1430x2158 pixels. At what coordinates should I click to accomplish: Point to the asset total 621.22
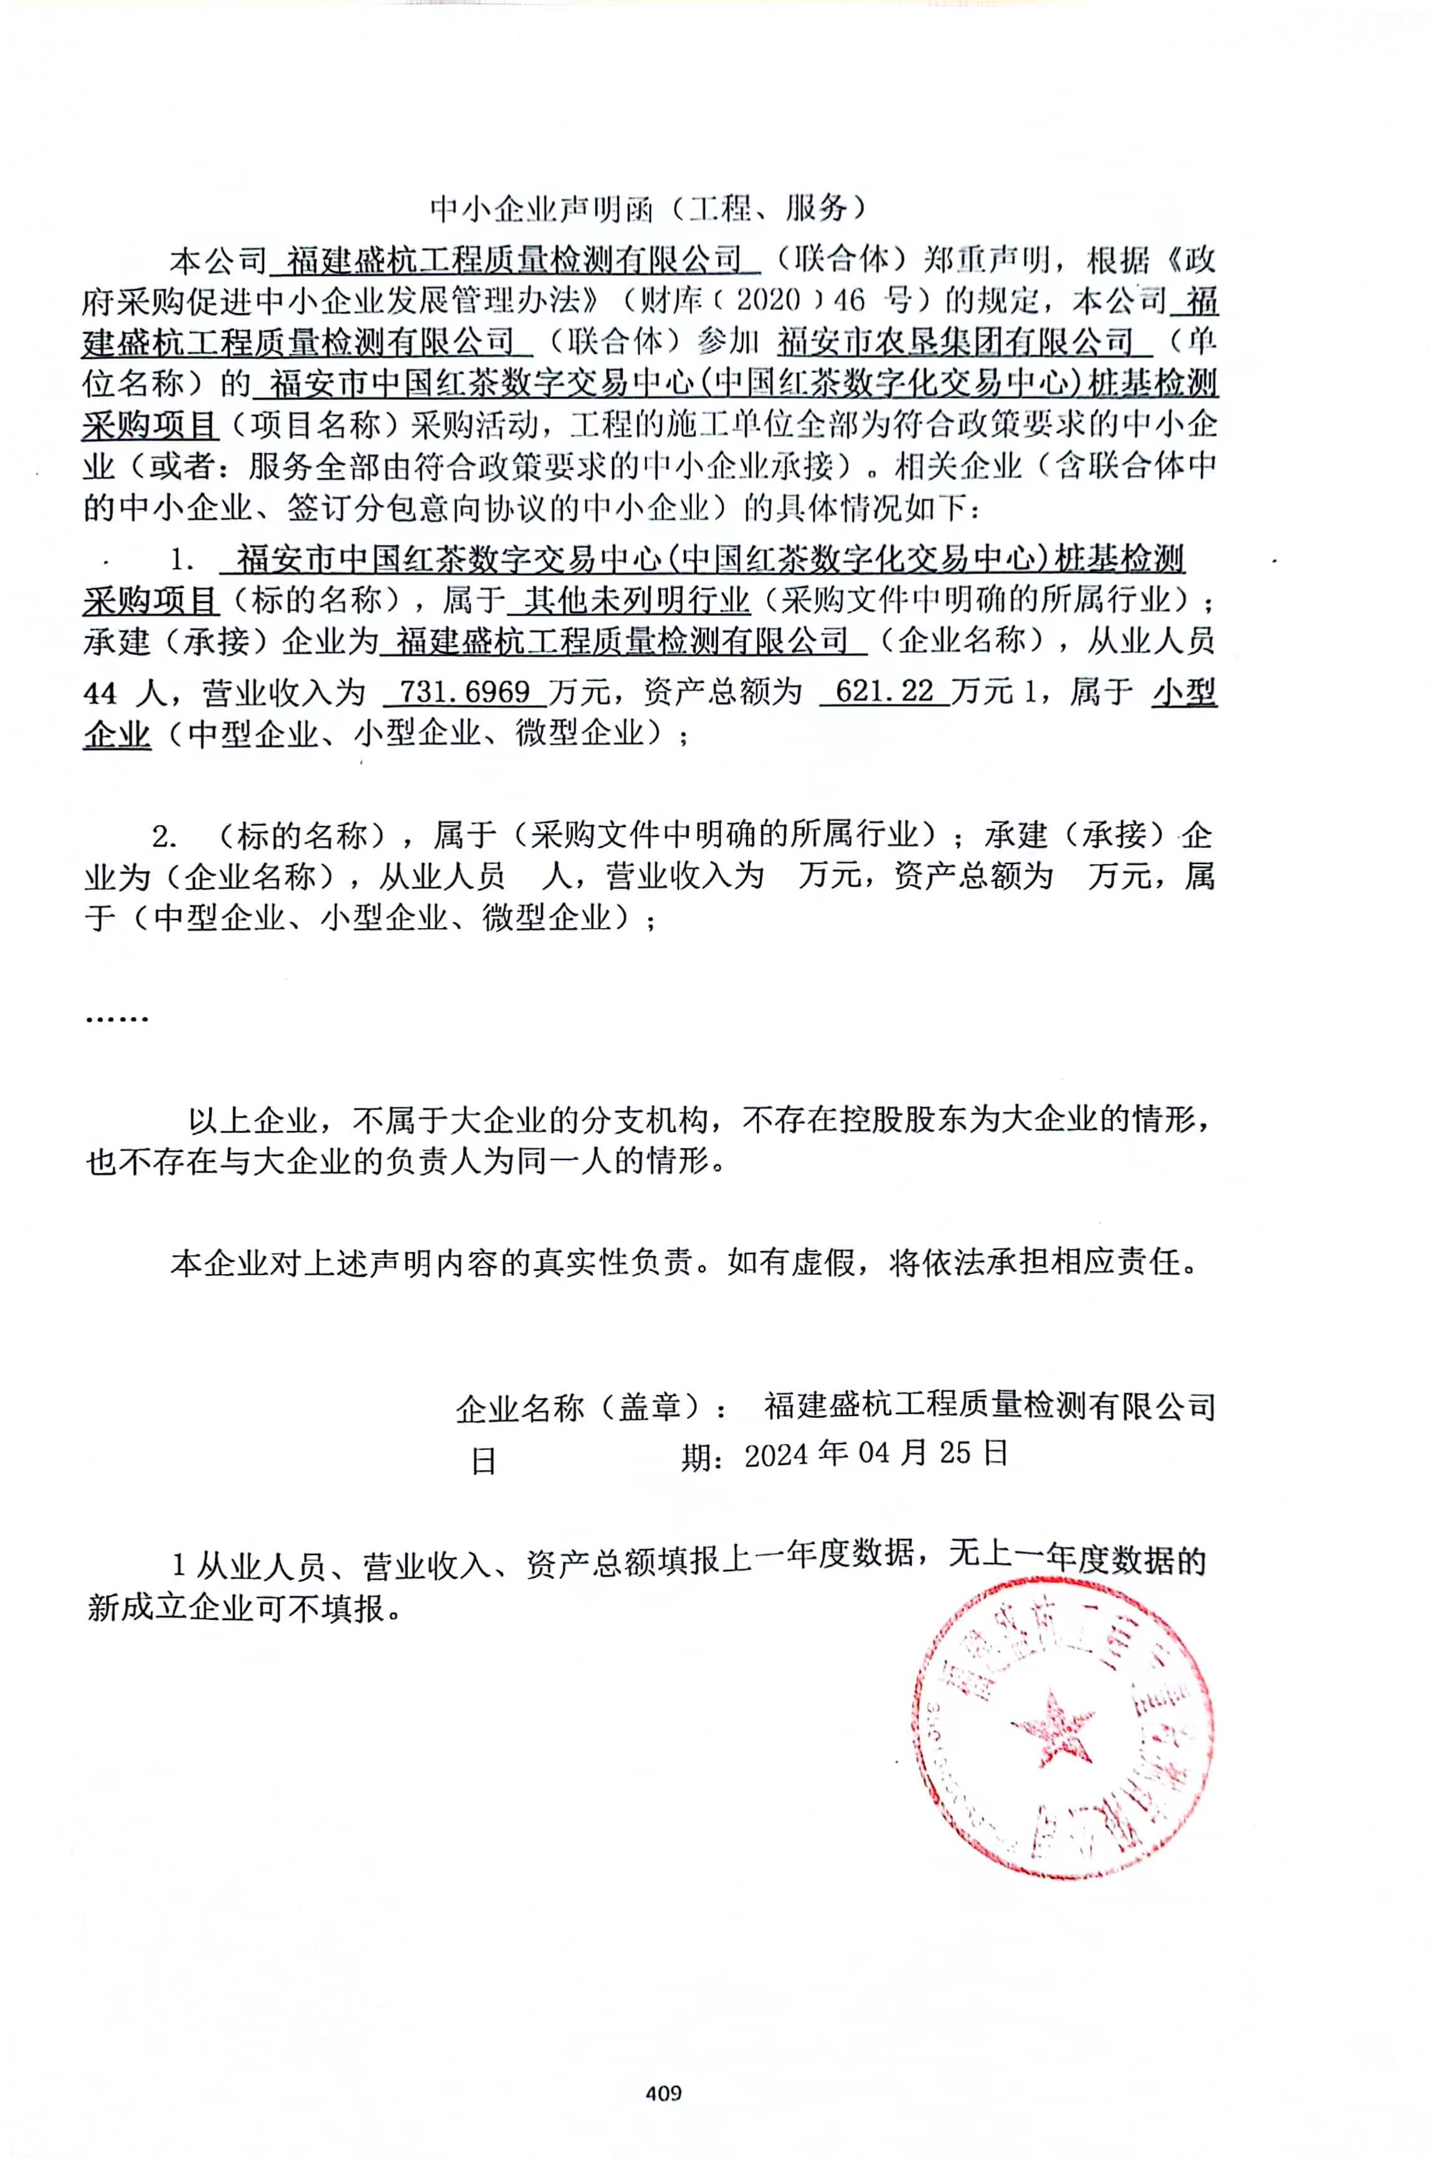point(884,692)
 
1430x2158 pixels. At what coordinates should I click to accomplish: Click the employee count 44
point(100,693)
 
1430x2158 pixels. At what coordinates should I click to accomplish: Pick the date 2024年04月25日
point(876,1453)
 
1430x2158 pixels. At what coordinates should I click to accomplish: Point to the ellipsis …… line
point(116,1017)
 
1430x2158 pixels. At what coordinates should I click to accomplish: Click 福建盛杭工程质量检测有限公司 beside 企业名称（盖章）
point(990,1407)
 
